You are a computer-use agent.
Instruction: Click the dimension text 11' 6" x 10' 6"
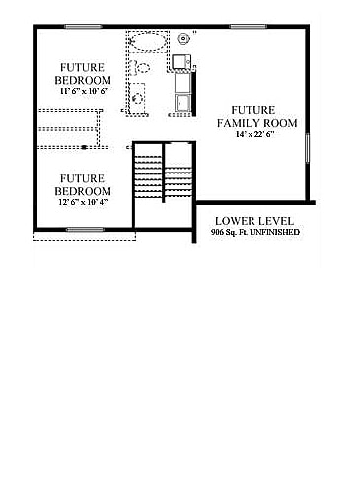[83, 91]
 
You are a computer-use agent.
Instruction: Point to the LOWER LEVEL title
[254, 220]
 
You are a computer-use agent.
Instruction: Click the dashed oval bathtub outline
[148, 41]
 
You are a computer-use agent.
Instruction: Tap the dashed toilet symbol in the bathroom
[141, 67]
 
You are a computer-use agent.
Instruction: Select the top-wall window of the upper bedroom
[82, 27]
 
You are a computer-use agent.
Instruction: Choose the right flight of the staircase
[178, 177]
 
